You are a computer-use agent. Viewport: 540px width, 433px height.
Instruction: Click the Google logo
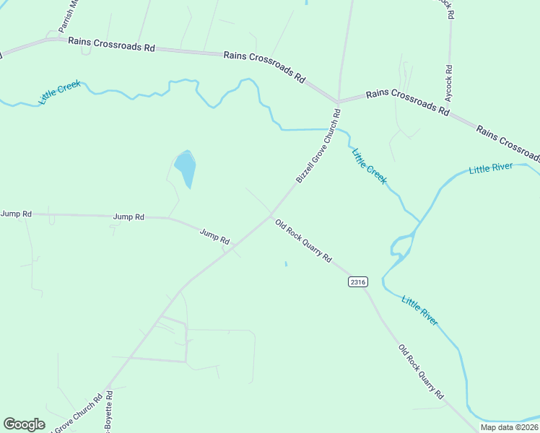[25, 424]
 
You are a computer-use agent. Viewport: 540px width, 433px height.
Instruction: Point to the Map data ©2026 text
[509, 427]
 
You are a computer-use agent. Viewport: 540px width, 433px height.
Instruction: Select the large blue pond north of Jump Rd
[186, 167]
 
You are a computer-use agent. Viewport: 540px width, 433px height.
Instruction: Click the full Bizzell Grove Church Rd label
[318, 146]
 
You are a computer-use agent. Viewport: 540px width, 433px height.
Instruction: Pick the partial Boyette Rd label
[108, 413]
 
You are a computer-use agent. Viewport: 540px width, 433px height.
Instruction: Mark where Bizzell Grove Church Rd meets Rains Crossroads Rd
[337, 100]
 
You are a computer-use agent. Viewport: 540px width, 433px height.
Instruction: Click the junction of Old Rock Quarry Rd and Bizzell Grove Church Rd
[271, 215]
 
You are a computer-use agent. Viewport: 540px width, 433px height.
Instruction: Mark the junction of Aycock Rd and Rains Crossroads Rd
[450, 113]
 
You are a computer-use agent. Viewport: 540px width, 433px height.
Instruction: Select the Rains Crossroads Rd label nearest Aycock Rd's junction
[408, 101]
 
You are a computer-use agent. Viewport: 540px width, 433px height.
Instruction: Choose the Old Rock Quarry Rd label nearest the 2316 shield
[303, 241]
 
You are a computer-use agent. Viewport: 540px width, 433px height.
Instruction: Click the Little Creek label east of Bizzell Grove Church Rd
[369, 166]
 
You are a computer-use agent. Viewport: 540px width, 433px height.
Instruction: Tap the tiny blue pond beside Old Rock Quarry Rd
[286, 263]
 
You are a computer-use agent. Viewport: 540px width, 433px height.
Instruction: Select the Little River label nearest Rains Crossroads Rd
[490, 169]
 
